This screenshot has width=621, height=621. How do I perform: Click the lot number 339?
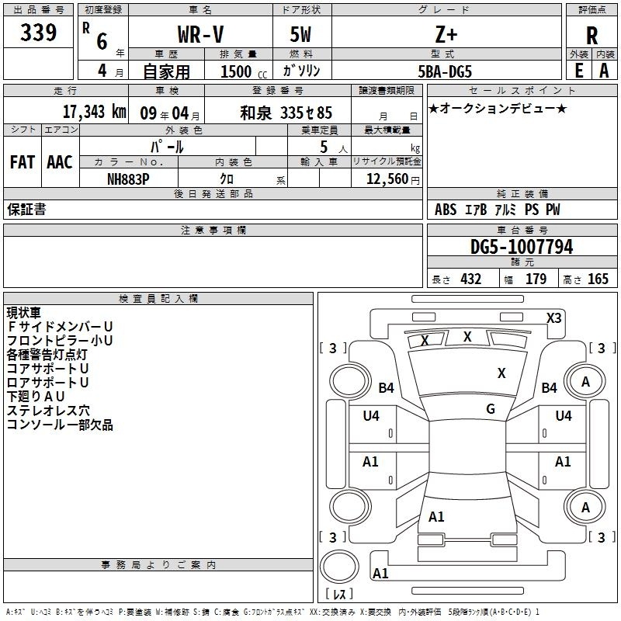click(38, 32)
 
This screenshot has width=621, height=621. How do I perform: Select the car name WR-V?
click(200, 34)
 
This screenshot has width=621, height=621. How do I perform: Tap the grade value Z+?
click(446, 34)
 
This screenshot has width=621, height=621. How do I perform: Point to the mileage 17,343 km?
click(95, 112)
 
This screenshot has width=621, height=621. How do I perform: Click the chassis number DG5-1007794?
click(522, 246)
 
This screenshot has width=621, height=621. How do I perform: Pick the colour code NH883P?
click(128, 179)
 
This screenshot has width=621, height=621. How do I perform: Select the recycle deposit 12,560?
click(387, 179)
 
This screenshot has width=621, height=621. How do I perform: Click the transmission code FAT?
click(23, 162)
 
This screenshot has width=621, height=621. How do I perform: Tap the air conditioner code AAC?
click(60, 162)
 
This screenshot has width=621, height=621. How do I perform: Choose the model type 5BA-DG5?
click(445, 71)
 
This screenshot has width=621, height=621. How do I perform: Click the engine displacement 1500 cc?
click(244, 71)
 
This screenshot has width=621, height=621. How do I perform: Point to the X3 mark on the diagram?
click(553, 318)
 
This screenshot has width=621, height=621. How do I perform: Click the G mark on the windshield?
click(491, 409)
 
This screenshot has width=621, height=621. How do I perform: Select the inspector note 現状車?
click(24, 313)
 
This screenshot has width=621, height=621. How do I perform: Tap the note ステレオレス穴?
click(48, 411)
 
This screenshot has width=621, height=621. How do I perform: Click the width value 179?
click(536, 279)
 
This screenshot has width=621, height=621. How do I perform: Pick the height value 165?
click(598, 279)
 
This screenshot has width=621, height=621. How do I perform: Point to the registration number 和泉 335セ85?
click(286, 113)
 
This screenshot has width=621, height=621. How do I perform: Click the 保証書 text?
click(26, 209)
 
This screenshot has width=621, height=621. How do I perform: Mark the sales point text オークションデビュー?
click(498, 108)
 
